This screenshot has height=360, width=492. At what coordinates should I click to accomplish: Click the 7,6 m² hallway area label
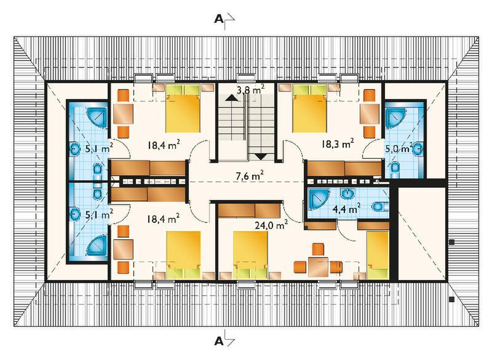coord(249,176)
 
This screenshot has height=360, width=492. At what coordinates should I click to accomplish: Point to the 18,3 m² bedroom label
coord(338,145)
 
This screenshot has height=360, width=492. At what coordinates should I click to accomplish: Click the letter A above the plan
coord(218,19)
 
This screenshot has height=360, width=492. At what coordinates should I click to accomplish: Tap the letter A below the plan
coord(218,340)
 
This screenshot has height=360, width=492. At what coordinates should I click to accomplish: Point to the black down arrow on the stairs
coord(261,156)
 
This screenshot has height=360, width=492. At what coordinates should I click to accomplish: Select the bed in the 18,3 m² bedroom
coord(310,109)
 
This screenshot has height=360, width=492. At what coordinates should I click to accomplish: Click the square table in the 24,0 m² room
coord(318,266)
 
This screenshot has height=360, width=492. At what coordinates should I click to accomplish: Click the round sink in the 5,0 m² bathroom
coord(418,148)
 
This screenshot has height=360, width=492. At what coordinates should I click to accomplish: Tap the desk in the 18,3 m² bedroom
coord(370,113)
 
